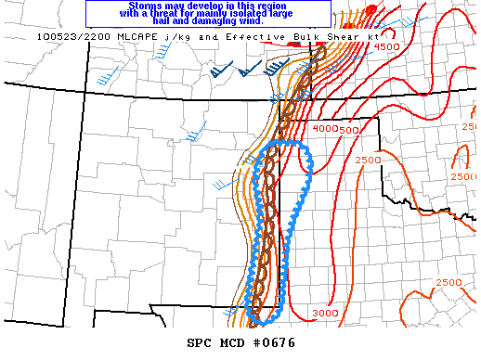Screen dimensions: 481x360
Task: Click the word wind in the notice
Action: (251, 22)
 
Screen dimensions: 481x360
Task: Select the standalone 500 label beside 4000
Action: (349, 130)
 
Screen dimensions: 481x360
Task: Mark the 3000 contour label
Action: (324, 314)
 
